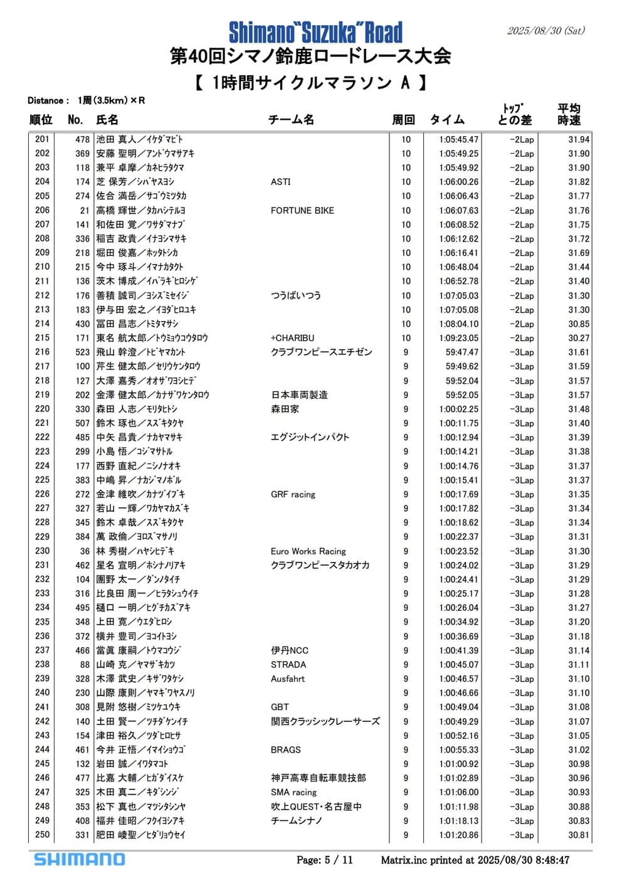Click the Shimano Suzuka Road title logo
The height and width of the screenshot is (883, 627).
click(x=315, y=32)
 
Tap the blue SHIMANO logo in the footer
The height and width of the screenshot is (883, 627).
click(x=80, y=859)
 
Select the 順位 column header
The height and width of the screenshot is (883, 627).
click(x=41, y=120)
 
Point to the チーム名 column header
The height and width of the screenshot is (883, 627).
click(x=291, y=120)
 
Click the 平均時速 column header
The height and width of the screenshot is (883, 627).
click(x=569, y=114)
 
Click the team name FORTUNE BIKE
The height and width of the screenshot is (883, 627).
click(x=302, y=211)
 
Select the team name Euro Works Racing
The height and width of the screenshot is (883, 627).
click(x=308, y=551)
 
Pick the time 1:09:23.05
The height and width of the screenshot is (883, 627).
click(x=458, y=338)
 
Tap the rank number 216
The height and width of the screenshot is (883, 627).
click(x=42, y=352)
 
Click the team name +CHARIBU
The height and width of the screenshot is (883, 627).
click(x=292, y=338)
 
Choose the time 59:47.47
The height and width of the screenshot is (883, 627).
click(x=461, y=352)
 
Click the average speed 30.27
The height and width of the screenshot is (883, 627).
click(x=579, y=338)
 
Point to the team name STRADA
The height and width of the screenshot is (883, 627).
click(x=288, y=665)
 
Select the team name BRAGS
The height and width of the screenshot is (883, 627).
click(x=285, y=749)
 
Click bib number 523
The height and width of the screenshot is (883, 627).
click(x=82, y=352)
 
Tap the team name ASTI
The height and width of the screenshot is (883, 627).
click(x=280, y=182)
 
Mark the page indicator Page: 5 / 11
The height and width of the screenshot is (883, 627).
click(x=325, y=860)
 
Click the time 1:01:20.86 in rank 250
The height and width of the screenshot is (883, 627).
click(x=458, y=835)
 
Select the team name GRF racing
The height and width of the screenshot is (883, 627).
click(x=293, y=494)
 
